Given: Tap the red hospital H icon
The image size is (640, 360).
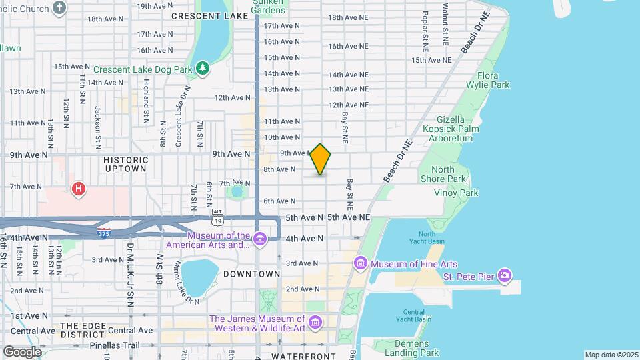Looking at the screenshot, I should (x=79, y=190).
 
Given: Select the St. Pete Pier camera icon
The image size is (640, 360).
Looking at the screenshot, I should (x=505, y=275).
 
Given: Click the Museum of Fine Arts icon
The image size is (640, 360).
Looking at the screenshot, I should (x=361, y=263).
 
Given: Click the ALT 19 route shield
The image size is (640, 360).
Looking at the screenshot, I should (x=217, y=216).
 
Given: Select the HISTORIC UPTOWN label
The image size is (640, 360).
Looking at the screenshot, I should (x=125, y=164).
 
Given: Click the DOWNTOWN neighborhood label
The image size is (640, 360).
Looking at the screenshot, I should (x=251, y=274).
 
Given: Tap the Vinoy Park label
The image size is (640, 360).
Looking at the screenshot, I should (x=456, y=193).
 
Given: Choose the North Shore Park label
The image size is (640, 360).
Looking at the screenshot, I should (x=443, y=174).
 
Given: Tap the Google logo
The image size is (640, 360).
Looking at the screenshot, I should (x=21, y=351).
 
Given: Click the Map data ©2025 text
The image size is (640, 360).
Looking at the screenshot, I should (x=610, y=355).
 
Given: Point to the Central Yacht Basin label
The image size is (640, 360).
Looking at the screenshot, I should (x=413, y=316).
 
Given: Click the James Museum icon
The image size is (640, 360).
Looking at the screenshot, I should (x=315, y=323).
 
